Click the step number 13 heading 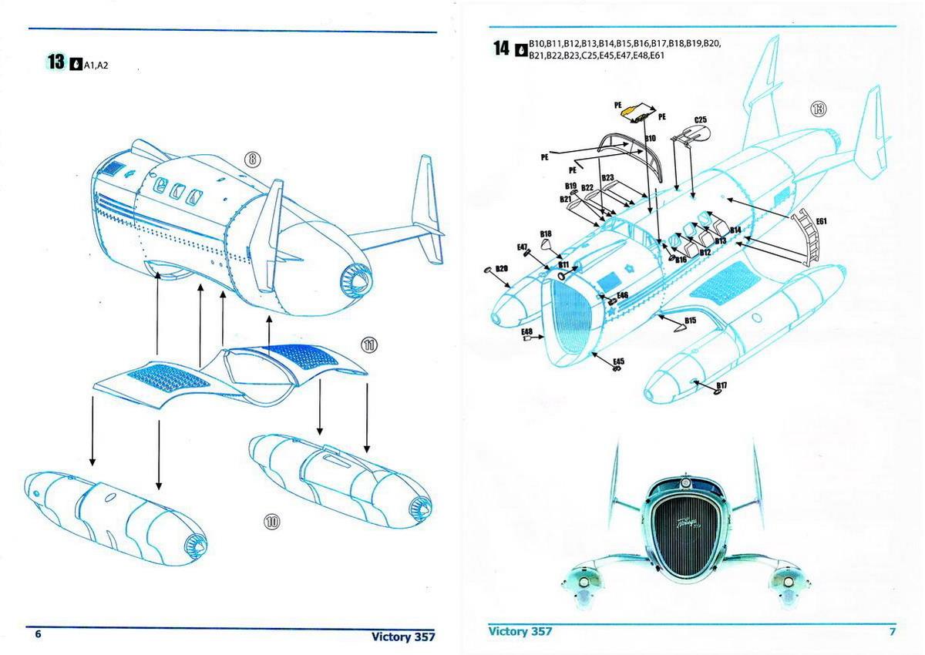(x=56, y=62)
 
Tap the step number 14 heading (x=501, y=49)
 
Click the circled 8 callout (x=253, y=160)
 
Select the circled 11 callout (x=370, y=344)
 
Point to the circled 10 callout (x=271, y=522)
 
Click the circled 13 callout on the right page (x=817, y=109)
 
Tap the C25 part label (x=700, y=120)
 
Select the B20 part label (x=501, y=268)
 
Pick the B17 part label (x=722, y=385)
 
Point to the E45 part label (x=619, y=361)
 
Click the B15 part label (x=690, y=320)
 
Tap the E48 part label (x=526, y=331)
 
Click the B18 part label (x=545, y=233)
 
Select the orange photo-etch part (x=633, y=112)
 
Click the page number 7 (x=893, y=632)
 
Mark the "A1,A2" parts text (x=96, y=65)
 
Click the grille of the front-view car (x=683, y=542)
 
